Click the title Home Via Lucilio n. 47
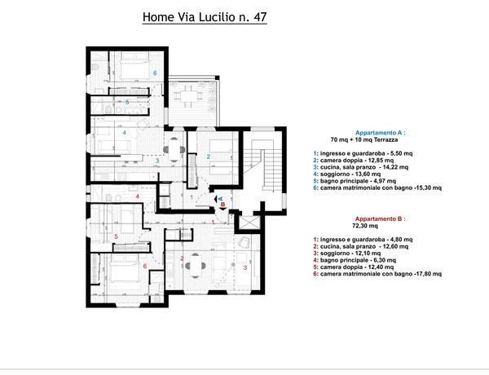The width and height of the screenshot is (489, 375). pyautogui.click(x=205, y=17)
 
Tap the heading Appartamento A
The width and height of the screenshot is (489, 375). pyautogui.click(x=380, y=133)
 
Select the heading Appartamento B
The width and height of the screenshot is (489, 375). pyautogui.click(x=380, y=218)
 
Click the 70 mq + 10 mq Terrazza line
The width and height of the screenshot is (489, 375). pyautogui.click(x=364, y=139)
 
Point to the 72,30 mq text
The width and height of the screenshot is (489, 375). pyautogui.click(x=365, y=226)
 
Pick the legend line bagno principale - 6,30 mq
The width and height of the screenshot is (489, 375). pyautogui.click(x=355, y=260)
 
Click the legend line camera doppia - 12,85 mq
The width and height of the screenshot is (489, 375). pyautogui.click(x=354, y=161)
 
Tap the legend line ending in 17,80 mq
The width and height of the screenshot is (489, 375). pyautogui.click(x=377, y=274)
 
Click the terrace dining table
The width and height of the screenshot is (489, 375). pyautogui.click(x=188, y=95)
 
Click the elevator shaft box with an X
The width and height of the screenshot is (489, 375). pyautogui.click(x=249, y=223)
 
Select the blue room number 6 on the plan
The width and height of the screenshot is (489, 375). pyautogui.click(x=155, y=73)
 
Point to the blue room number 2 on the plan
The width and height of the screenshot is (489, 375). pyautogui.click(x=209, y=157)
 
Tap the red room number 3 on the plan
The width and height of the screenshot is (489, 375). pyautogui.click(x=245, y=267)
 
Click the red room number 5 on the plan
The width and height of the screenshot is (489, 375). pyautogui.click(x=116, y=236)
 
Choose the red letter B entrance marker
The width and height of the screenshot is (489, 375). pyautogui.click(x=223, y=205)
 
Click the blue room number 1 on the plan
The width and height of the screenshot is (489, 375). pyautogui.click(x=192, y=197)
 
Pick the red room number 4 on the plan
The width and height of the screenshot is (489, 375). pyautogui.click(x=137, y=196)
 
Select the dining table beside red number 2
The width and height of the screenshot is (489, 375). pyautogui.click(x=196, y=266)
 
